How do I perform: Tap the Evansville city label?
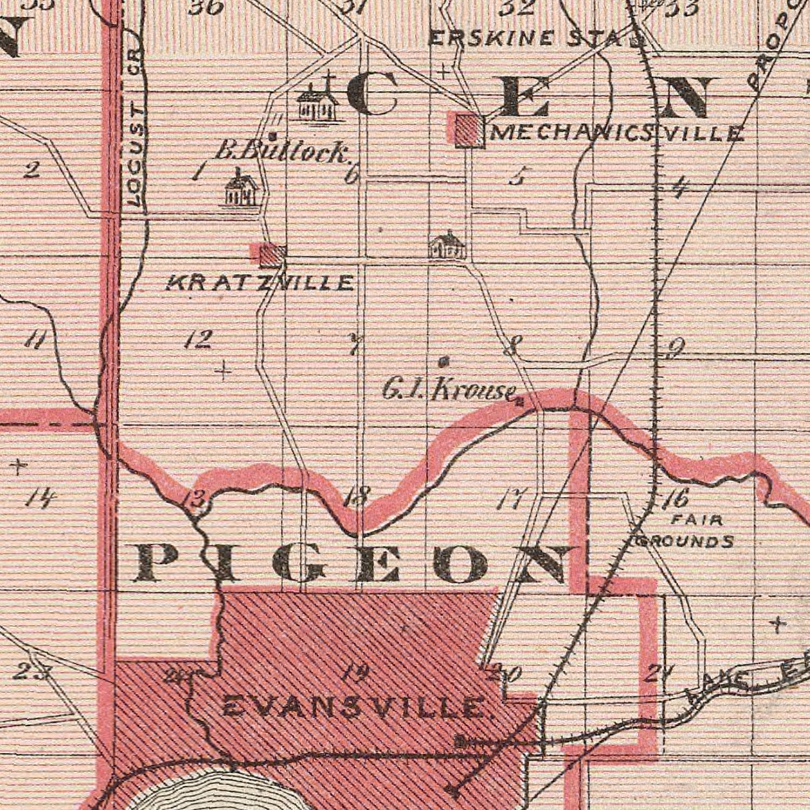[354, 706]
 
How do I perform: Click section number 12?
[197, 340]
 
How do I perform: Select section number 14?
[40, 498]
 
